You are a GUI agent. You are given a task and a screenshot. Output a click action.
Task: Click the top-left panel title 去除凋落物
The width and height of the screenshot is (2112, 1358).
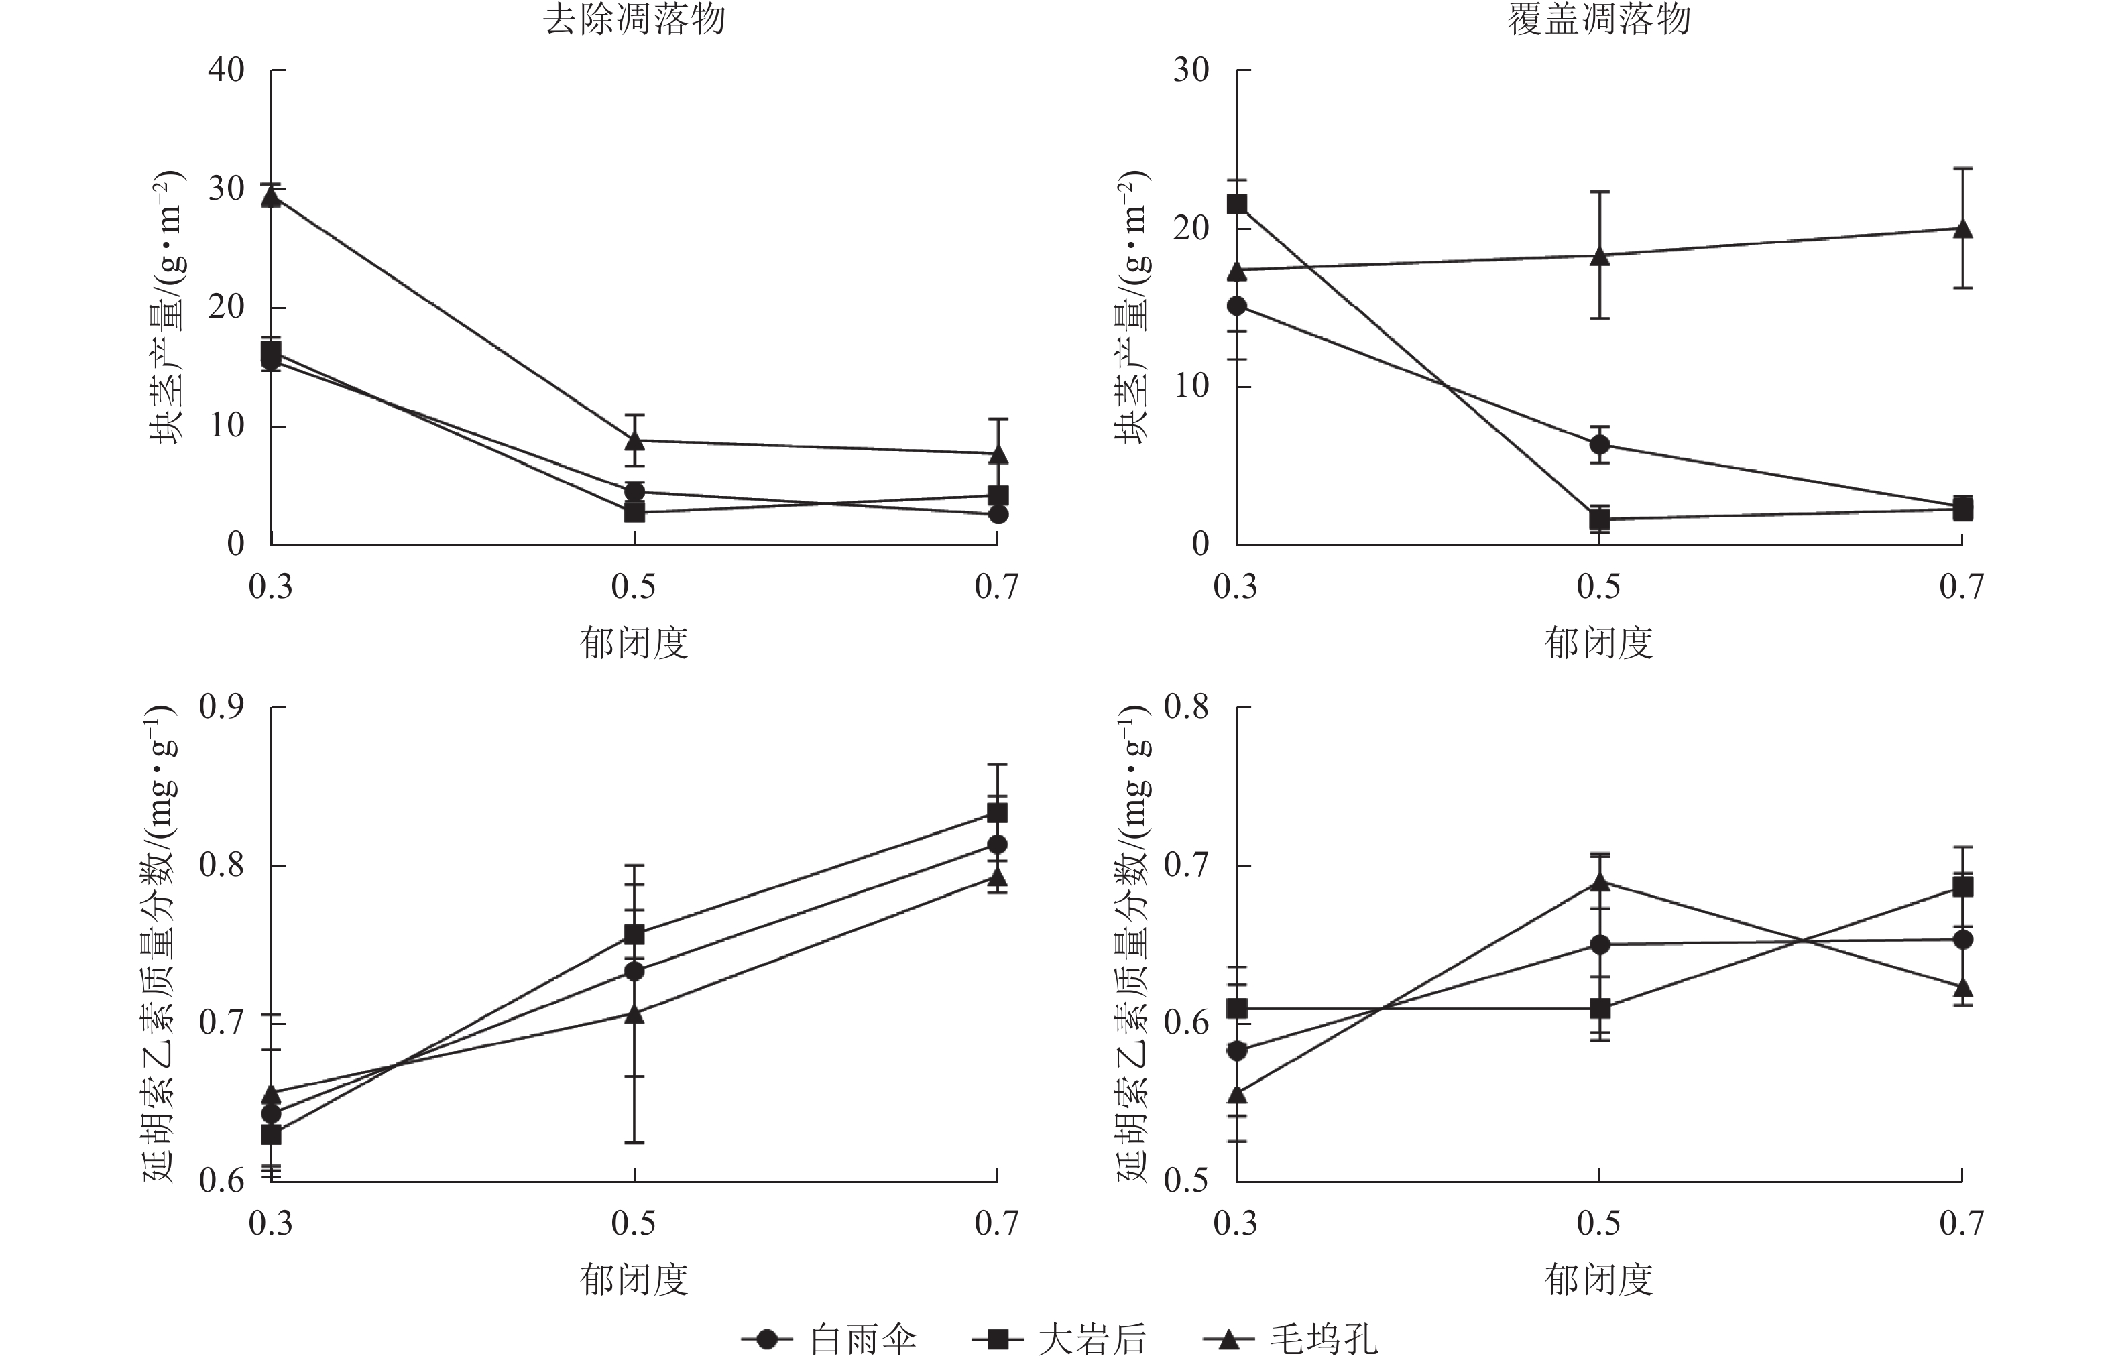[x=634, y=19]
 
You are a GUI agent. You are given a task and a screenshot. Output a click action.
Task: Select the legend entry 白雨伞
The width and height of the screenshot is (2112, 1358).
[x=862, y=1339]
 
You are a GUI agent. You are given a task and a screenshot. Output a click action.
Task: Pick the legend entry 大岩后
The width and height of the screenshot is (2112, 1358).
[x=1092, y=1339]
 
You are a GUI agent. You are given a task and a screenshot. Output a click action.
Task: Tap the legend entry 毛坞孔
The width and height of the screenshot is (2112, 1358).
[x=1323, y=1339]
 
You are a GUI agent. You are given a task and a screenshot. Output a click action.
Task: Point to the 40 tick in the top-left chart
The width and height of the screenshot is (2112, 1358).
[x=227, y=70]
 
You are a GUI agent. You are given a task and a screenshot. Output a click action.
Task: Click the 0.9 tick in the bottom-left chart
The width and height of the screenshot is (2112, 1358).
[x=221, y=706]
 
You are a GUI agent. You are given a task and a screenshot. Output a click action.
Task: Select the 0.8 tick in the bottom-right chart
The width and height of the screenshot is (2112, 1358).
[x=1186, y=706]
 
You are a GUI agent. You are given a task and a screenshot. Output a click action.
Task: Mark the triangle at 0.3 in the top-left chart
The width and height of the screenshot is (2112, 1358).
[x=272, y=196]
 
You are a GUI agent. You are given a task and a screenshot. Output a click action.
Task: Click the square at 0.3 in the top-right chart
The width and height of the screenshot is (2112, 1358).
[x=1237, y=204]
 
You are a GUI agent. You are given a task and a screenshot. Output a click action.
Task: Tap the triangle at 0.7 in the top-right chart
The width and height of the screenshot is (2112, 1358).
[x=1962, y=229]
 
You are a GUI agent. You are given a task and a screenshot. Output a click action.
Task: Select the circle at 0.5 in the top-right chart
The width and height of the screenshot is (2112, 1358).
[x=1600, y=444]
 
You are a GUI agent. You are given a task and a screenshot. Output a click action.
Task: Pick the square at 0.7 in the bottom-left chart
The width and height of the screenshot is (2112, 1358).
[x=998, y=812]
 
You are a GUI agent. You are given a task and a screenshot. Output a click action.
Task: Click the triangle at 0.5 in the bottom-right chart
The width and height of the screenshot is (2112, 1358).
[x=1600, y=882]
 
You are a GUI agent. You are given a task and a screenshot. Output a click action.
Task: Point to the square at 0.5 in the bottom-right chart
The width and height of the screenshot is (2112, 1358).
[x=1600, y=1008]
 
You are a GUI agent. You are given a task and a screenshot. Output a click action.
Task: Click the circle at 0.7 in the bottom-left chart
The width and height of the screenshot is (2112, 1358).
[x=998, y=844]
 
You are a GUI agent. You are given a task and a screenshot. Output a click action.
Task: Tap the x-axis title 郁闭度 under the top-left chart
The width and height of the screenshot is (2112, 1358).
[x=634, y=643]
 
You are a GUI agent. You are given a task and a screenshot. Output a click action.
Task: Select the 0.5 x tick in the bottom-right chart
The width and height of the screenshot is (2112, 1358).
[x=1599, y=1223]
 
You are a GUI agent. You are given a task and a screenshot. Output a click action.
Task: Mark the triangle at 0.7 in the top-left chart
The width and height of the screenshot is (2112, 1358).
[x=998, y=455]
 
